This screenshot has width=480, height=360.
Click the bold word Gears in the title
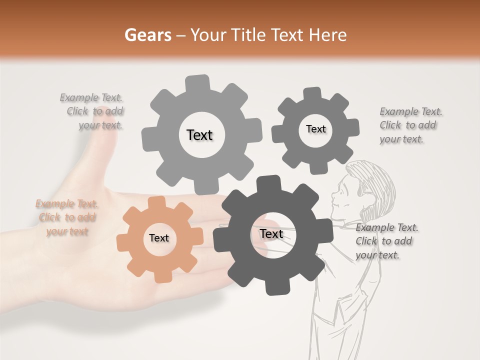pyautogui.click(x=147, y=35)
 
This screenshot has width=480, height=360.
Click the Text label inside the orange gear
pyautogui.click(x=159, y=238)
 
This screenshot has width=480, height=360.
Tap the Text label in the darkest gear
pyautogui.click(x=271, y=234)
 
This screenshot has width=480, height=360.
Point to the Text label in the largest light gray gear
pyautogui.click(x=199, y=135)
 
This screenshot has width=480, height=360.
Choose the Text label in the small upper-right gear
pyautogui.click(x=315, y=129)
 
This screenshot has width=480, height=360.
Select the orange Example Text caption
pyautogui.click(x=66, y=217)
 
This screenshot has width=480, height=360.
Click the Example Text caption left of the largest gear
pyautogui.click(x=92, y=111)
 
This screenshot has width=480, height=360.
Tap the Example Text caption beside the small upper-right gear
pyautogui.click(x=410, y=125)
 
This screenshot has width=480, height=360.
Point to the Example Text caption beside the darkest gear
pyautogui.click(x=386, y=241)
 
